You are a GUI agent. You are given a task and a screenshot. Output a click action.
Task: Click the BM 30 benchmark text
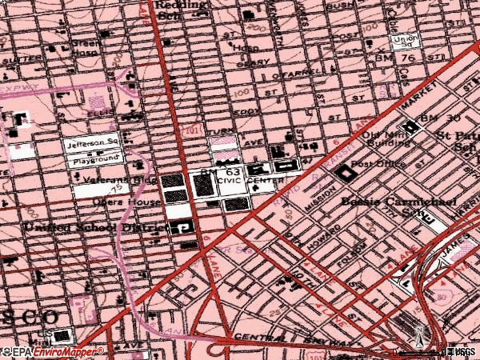coord(443,118)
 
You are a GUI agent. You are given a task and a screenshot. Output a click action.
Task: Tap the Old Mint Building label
coord(389,140)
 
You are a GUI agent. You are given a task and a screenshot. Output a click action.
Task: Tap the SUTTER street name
coord(16,59)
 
